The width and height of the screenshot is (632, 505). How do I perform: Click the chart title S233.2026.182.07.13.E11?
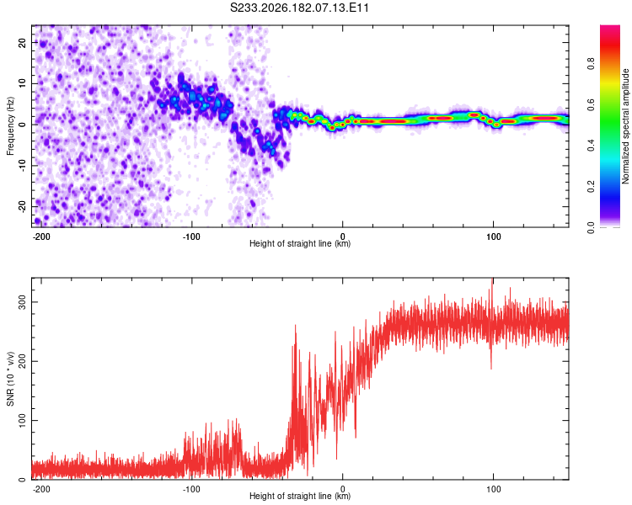click(299, 8)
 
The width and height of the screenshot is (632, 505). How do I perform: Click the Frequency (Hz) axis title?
click(10, 126)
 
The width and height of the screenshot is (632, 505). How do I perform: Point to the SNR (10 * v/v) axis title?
click(10, 379)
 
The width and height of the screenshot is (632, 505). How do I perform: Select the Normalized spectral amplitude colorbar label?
click(625, 126)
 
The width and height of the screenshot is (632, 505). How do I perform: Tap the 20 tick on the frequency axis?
click(23, 42)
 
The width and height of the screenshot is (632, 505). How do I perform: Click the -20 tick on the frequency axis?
click(23, 206)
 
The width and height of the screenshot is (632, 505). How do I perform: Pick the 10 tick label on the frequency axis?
click(23, 83)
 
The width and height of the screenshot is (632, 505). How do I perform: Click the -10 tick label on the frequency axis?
click(23, 166)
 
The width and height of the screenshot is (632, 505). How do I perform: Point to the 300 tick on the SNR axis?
click(23, 302)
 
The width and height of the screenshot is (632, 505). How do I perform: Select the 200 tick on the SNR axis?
click(23, 361)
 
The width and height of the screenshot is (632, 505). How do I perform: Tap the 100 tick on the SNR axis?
click(23, 421)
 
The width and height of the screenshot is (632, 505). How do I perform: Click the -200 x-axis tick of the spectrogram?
click(40, 237)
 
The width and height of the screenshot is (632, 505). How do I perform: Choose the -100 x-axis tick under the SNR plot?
click(191, 489)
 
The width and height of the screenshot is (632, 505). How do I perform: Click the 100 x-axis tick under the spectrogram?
click(493, 237)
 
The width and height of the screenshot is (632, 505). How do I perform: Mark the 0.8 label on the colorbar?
click(591, 64)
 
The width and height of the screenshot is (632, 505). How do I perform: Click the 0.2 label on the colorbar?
click(591, 187)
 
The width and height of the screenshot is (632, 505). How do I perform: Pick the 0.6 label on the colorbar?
click(591, 104)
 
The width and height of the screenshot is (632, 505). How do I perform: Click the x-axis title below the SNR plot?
click(300, 496)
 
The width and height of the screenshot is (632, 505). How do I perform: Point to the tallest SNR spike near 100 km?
click(492, 279)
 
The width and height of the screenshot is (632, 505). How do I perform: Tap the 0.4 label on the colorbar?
click(591, 146)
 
